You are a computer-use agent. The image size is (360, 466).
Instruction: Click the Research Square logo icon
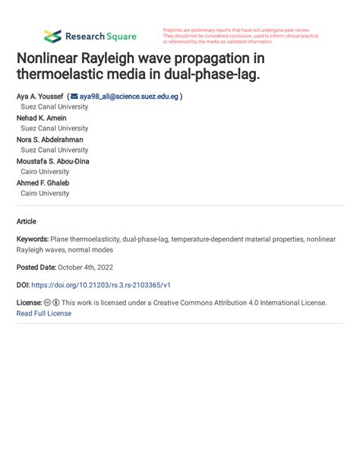pyautogui.click(x=52, y=36)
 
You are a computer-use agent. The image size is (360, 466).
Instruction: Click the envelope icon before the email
pyautogui.click(x=74, y=97)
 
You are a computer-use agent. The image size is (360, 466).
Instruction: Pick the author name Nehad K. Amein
pyautogui.click(x=42, y=118)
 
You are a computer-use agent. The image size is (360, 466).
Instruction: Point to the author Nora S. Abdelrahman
pyautogui.click(x=50, y=140)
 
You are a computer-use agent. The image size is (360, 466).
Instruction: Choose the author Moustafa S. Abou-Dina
pyautogui.click(x=53, y=161)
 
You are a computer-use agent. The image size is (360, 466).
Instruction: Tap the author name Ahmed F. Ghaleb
pyautogui.click(x=43, y=182)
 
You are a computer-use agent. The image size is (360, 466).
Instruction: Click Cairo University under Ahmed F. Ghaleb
pyautogui.click(x=45, y=193)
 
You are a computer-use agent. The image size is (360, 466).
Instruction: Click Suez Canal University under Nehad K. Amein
pyautogui.click(x=54, y=128)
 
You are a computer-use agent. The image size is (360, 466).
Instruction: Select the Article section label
pyautogui.click(x=26, y=221)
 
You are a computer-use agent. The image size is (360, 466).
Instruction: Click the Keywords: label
pyautogui.click(x=33, y=239)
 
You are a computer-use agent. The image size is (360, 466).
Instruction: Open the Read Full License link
pyautogui.click(x=43, y=313)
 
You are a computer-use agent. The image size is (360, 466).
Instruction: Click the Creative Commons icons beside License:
pyautogui.click(x=52, y=303)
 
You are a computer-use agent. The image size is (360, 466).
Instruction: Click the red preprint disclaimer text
pyautogui.click(x=240, y=36)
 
